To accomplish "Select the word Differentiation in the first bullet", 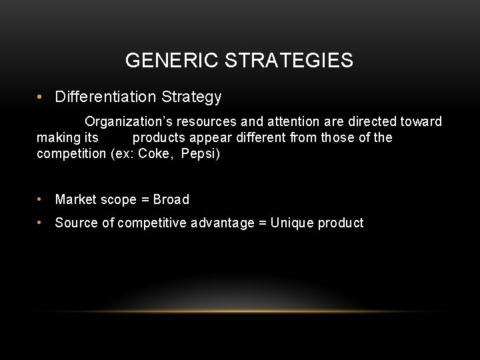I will (x=106, y=97).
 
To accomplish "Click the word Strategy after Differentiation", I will (x=191, y=97).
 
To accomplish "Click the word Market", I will (x=75, y=199).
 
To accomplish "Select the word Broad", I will (x=171, y=199).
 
